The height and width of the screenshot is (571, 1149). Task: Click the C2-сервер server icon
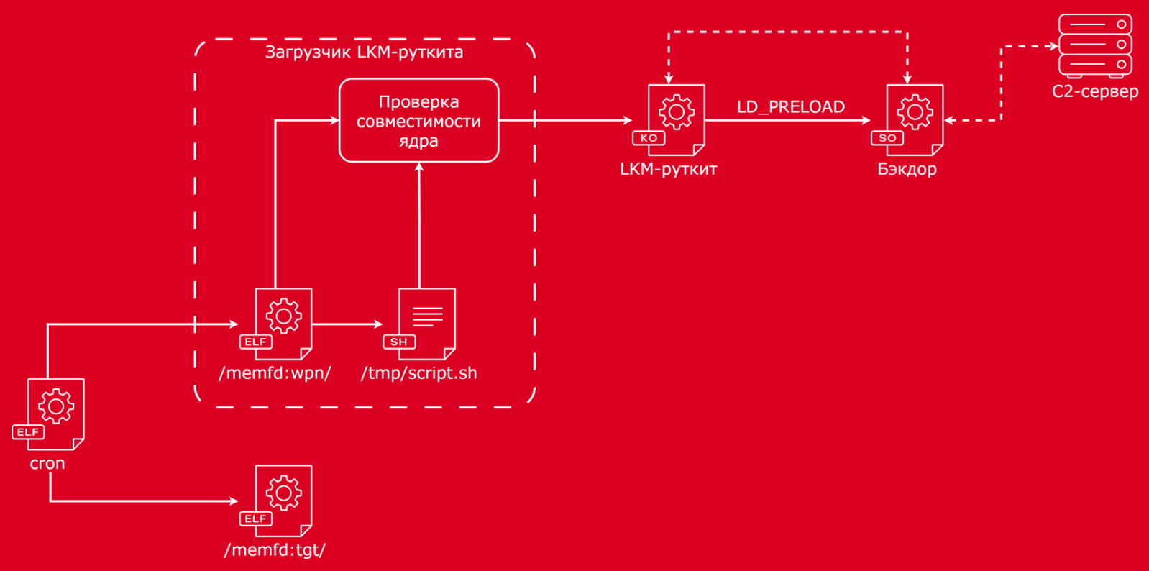[1095, 45]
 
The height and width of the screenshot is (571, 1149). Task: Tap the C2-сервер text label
[1095, 92]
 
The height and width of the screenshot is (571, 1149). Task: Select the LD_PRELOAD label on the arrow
[790, 107]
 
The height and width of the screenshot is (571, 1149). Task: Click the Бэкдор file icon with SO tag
[914, 119]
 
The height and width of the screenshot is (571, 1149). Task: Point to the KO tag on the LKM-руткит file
[649, 138]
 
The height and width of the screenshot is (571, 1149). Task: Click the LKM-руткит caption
[668, 170]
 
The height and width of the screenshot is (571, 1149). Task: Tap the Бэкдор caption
[907, 170]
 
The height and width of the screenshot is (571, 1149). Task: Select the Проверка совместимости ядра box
[418, 121]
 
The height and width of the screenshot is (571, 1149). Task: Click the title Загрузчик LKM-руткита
[364, 52]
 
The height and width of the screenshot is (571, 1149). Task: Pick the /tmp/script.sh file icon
[426, 324]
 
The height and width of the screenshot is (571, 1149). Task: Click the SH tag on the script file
[399, 342]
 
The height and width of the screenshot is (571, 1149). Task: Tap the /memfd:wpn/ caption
[275, 373]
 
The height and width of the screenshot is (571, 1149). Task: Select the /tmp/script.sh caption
[418, 373]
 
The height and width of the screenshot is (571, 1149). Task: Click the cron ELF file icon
[55, 414]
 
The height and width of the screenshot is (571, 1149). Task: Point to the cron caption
[47, 464]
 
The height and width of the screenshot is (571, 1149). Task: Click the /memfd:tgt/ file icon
[283, 501]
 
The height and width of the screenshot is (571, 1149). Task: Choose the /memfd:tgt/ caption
[275, 550]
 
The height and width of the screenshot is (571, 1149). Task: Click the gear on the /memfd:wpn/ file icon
[284, 316]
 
